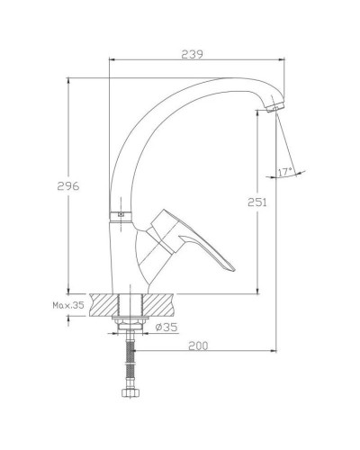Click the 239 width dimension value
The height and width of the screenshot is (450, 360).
tap(190, 53)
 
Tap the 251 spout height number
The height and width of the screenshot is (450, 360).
tap(256, 203)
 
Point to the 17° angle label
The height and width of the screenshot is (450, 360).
tap(286, 170)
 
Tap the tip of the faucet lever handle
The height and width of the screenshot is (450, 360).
tap(229, 267)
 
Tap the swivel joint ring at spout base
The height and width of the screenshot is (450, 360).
tap(119, 215)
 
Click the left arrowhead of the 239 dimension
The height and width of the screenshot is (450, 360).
tap(111, 60)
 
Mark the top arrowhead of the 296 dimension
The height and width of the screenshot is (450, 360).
tap(71, 80)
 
